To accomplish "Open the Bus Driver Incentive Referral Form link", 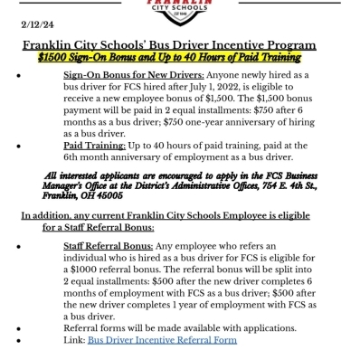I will coord(162,339).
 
